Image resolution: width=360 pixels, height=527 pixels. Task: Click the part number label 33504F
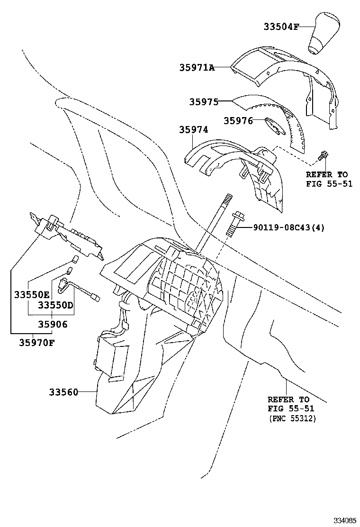click(281, 27)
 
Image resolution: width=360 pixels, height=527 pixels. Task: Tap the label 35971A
click(197, 68)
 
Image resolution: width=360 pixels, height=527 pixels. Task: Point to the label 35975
click(204, 101)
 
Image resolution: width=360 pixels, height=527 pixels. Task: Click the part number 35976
click(238, 121)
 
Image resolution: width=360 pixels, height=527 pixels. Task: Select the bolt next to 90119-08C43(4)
click(236, 224)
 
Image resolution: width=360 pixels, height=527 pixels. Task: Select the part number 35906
click(53, 324)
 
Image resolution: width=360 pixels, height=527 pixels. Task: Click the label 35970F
click(36, 341)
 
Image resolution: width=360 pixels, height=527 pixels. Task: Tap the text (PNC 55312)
click(292, 418)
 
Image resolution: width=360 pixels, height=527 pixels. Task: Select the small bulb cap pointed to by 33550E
click(74, 259)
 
